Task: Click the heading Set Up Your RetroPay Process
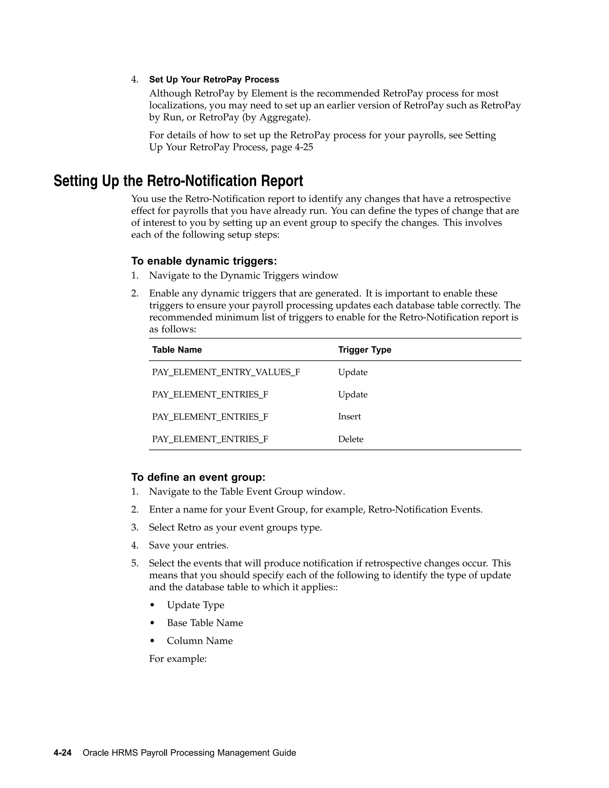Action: click(x=214, y=79)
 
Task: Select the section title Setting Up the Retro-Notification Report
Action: click(x=178, y=181)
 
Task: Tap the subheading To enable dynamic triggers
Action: click(x=204, y=261)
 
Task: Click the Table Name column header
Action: click(x=177, y=350)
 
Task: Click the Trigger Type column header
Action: click(x=364, y=350)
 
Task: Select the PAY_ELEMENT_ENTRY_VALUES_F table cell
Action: click(x=226, y=372)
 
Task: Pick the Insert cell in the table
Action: click(x=349, y=417)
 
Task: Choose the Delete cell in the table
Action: click(x=350, y=439)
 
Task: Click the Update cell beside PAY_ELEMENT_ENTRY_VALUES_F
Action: click(x=352, y=372)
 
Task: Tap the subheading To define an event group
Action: click(x=198, y=477)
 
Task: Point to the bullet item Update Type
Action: click(x=195, y=605)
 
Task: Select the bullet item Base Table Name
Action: click(x=205, y=623)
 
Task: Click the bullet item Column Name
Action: click(x=200, y=641)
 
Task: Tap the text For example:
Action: click(x=178, y=659)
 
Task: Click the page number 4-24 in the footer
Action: click(x=62, y=753)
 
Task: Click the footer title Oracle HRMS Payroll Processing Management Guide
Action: click(x=189, y=753)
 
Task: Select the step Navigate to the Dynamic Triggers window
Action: click(x=244, y=276)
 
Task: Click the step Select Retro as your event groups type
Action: click(x=235, y=528)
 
